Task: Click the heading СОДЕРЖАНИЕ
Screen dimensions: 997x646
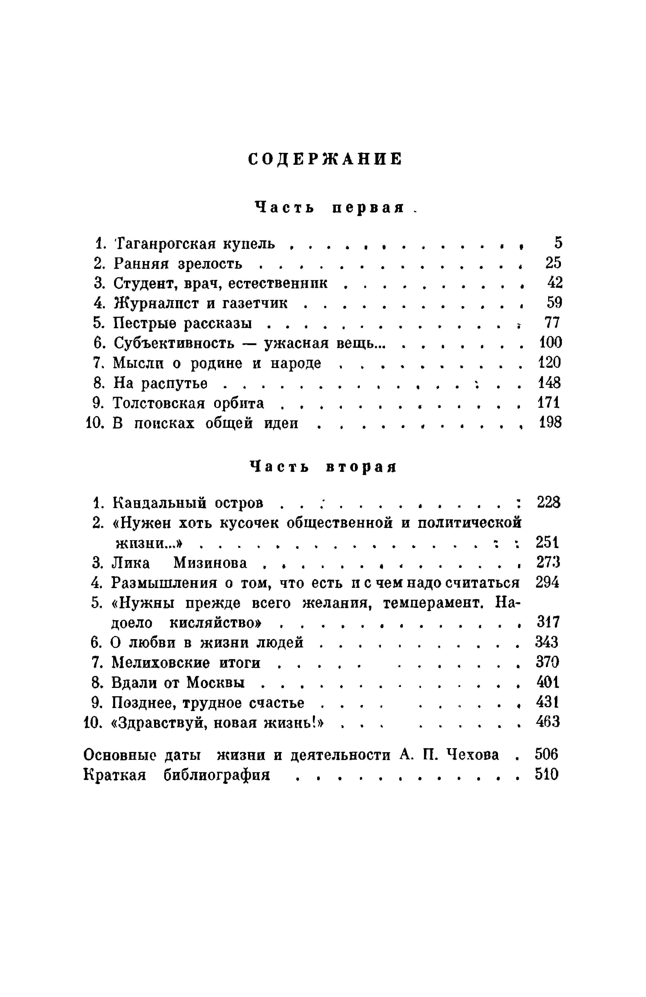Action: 325,159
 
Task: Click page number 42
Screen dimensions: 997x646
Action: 555,283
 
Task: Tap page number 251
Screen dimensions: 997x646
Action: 547,543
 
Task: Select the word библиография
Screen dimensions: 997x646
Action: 217,775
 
